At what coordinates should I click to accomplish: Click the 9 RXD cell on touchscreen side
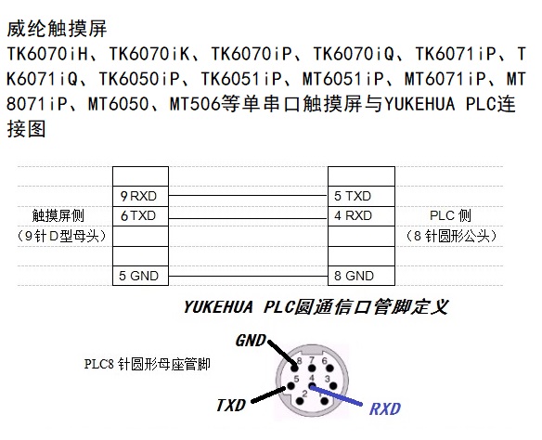pos(140,196)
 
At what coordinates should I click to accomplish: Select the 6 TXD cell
pos(140,216)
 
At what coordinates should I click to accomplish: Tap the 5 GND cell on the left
pos(140,276)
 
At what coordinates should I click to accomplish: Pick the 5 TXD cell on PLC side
pos(361,196)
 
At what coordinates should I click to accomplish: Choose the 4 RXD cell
pos(361,216)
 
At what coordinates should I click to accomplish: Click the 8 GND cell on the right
pos(361,276)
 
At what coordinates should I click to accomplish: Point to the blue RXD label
pos(385,409)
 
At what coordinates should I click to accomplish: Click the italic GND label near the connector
pos(251,341)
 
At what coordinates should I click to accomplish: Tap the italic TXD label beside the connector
pos(231,405)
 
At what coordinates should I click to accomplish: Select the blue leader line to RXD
pos(336,395)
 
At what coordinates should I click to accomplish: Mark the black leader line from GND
pos(282,352)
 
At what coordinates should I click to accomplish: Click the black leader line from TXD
pos(269,395)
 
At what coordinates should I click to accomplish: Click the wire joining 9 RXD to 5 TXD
pos(248,196)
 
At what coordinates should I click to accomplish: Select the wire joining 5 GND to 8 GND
pos(248,277)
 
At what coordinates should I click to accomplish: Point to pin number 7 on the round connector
pos(312,360)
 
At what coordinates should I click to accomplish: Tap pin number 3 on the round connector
pos(328,379)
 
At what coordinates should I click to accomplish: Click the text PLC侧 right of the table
pos(450,215)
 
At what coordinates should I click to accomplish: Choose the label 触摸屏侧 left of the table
pos(58,215)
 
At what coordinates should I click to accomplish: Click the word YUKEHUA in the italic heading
pos(218,307)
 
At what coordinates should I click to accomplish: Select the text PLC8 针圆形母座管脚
pos(148,364)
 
